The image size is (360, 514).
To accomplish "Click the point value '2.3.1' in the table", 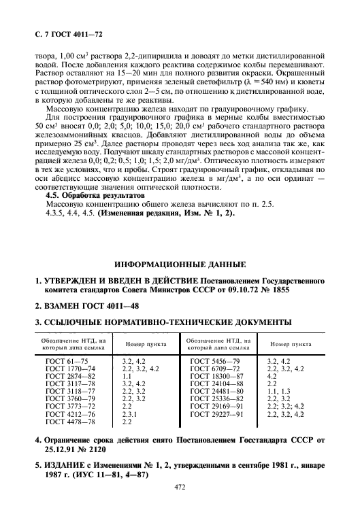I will click(x=129, y=413).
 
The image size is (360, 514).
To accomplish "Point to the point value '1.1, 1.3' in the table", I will click(x=278, y=391).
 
